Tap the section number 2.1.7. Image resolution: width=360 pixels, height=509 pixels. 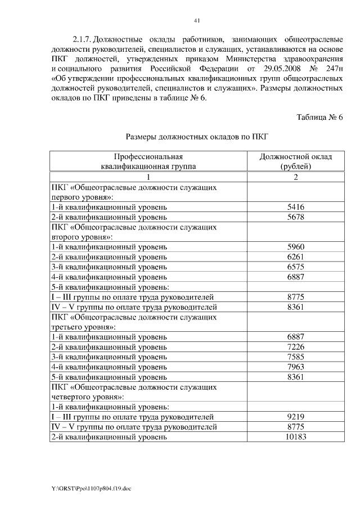pos(82,40)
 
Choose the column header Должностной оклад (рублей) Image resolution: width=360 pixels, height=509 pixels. pos(295,161)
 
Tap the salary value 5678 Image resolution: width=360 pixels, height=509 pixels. pos(295,217)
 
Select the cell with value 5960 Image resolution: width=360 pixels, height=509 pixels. pos(295,247)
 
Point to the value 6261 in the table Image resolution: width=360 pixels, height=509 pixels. pos(295,257)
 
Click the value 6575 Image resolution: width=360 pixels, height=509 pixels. pos(295,267)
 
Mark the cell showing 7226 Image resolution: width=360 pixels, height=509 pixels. pos(295,347)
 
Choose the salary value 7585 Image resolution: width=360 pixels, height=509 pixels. pos(295,357)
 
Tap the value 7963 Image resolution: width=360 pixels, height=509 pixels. pos(295,367)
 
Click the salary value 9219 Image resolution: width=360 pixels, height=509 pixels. pos(295,417)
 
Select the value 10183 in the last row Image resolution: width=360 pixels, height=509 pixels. pos(295,437)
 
